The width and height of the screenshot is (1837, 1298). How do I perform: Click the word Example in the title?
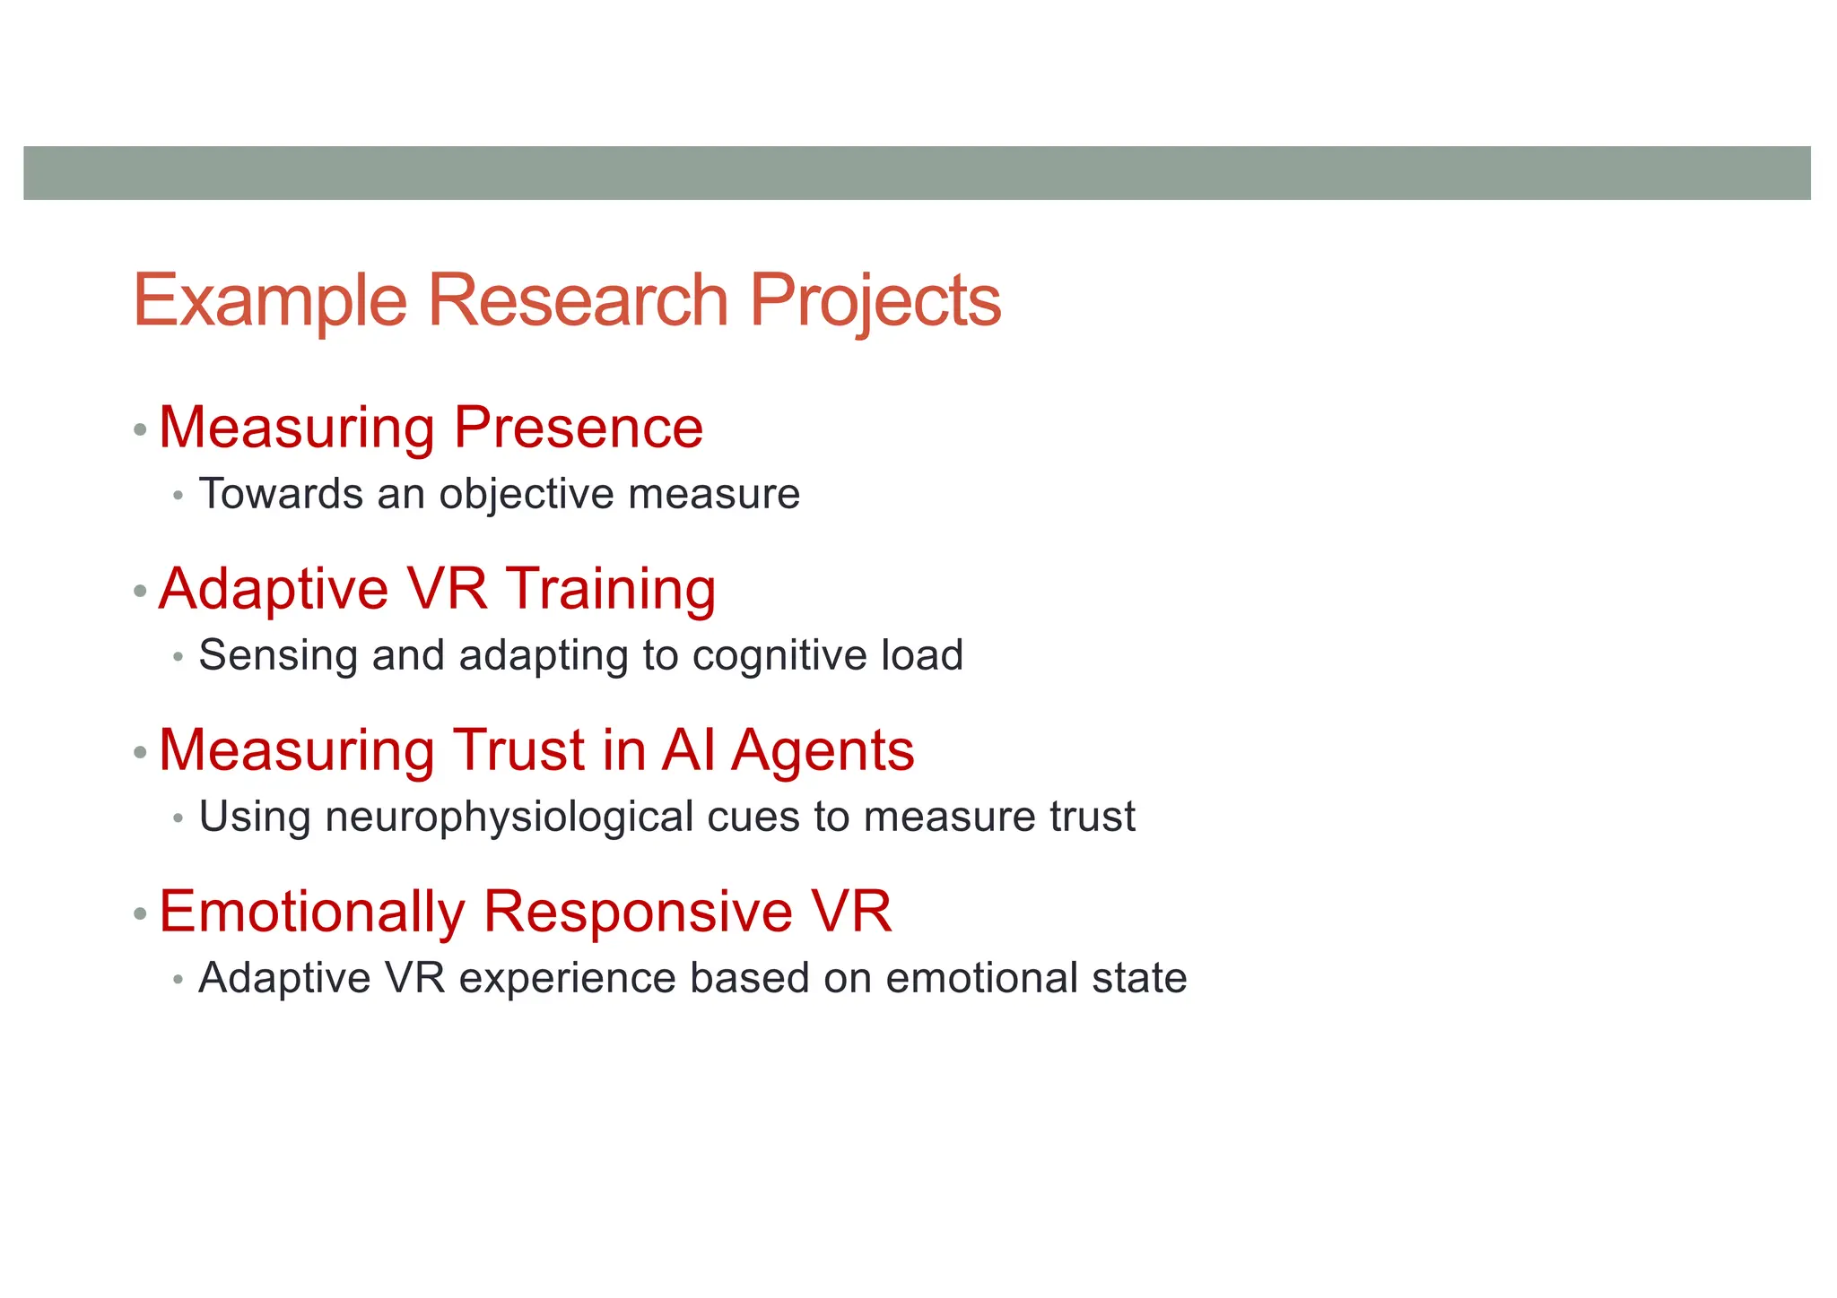pyautogui.click(x=270, y=301)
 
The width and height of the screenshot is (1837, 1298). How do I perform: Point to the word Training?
pyautogui.click(x=611, y=589)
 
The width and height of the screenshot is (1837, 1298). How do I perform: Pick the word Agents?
pyautogui.click(x=823, y=751)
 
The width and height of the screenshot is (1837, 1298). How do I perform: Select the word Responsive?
pyautogui.click(x=638, y=912)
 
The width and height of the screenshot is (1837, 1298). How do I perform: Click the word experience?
pyautogui.click(x=567, y=978)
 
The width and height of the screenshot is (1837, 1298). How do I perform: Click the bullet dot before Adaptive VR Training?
pyautogui.click(x=139, y=592)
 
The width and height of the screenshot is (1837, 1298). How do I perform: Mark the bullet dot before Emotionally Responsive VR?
pyautogui.click(x=139, y=914)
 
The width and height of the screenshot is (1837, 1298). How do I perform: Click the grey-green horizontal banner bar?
pyautogui.click(x=917, y=173)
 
